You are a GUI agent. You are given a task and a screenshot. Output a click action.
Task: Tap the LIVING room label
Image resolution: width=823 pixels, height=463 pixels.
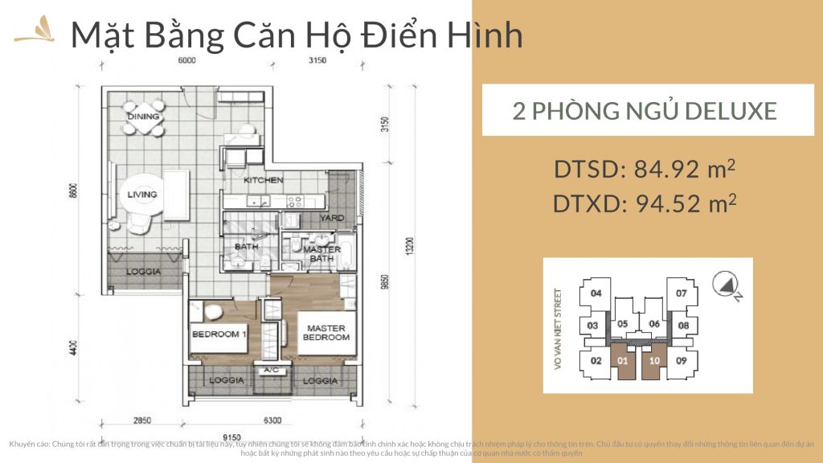coord(141,195)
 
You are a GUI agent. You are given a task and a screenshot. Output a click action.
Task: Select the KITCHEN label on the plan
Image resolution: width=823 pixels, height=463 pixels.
coord(264,180)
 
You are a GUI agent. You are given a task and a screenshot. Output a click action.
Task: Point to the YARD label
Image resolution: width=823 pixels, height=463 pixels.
coord(332,218)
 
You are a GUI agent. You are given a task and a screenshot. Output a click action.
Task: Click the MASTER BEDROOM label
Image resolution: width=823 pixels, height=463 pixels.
coord(325,333)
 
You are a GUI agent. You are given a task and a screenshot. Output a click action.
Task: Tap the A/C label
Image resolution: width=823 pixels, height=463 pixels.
coord(268,371)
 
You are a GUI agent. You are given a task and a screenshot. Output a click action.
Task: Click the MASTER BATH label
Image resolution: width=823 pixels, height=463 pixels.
coord(322,254)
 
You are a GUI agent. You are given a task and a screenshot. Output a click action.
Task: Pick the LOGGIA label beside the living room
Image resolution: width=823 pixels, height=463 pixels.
coord(145,272)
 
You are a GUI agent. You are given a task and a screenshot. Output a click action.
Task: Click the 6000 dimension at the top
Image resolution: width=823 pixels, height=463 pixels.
coord(187,60)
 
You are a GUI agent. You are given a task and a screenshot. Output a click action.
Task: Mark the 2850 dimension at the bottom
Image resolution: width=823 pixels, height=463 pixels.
coord(142,420)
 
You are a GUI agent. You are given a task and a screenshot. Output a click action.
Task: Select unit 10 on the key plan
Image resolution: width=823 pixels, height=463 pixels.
coord(655,360)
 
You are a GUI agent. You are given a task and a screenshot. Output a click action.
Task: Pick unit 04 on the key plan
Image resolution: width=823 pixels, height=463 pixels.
coord(596,293)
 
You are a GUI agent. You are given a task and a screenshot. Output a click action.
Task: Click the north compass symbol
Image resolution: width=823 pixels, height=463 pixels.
coord(727,285)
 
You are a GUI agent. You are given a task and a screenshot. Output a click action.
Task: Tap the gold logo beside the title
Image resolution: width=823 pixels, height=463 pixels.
coord(34,35)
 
